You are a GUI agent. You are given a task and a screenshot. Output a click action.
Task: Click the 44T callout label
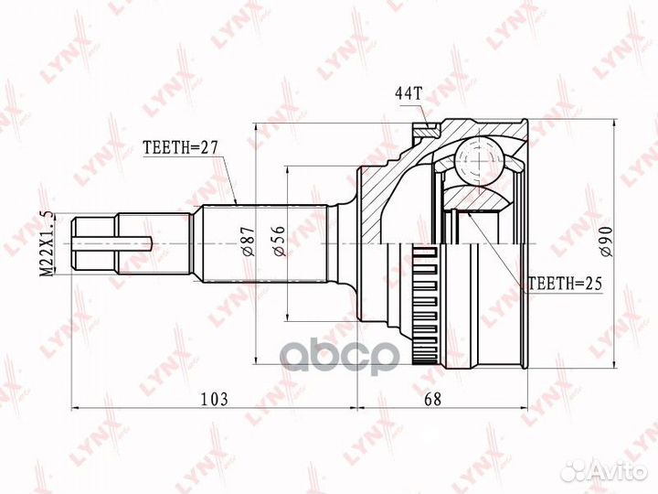(x=409, y=92)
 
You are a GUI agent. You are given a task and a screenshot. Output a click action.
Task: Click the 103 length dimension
(x=213, y=398)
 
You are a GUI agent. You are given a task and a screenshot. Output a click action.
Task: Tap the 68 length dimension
(x=446, y=398)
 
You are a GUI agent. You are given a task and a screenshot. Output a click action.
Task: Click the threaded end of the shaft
(x=95, y=242)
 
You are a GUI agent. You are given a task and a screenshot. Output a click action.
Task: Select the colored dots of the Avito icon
(x=575, y=470)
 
